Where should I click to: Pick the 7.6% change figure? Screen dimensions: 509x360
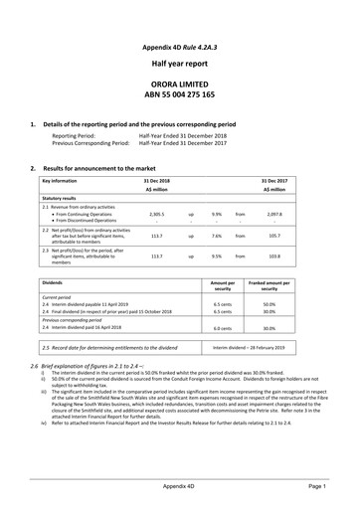[x=216, y=238]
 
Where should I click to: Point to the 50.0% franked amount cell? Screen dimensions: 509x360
[x=296, y=306]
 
